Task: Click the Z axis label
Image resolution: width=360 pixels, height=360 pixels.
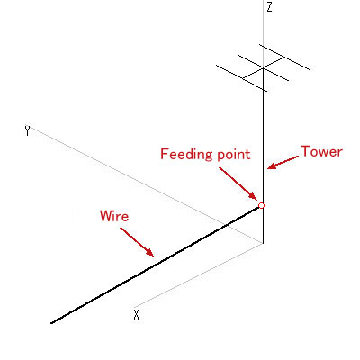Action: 269,7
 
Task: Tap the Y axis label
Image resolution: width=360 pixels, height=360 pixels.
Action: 28,131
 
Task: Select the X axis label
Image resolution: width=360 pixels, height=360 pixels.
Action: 137,315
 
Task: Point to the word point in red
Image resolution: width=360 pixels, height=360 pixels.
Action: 234,154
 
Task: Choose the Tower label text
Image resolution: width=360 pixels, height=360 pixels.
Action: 321,151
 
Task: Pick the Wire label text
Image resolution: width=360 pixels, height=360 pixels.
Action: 114,216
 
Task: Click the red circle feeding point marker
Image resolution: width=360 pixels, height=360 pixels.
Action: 261,206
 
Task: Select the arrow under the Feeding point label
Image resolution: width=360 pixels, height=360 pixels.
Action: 238,184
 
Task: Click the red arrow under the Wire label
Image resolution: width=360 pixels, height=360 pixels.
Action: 138,242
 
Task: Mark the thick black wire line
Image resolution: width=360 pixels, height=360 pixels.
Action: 156,265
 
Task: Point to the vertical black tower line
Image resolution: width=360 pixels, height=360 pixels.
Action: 264,156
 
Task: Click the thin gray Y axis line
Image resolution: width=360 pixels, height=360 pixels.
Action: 148,185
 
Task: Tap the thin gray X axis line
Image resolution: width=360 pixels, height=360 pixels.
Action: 199,275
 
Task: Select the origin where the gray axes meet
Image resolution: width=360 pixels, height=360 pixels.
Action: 263,244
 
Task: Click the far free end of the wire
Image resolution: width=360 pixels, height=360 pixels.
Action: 51,323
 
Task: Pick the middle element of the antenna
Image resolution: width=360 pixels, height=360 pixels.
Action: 263,68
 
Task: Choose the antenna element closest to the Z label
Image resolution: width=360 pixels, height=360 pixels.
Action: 284,58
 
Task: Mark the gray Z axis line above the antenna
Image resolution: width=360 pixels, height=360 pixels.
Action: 264,33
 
